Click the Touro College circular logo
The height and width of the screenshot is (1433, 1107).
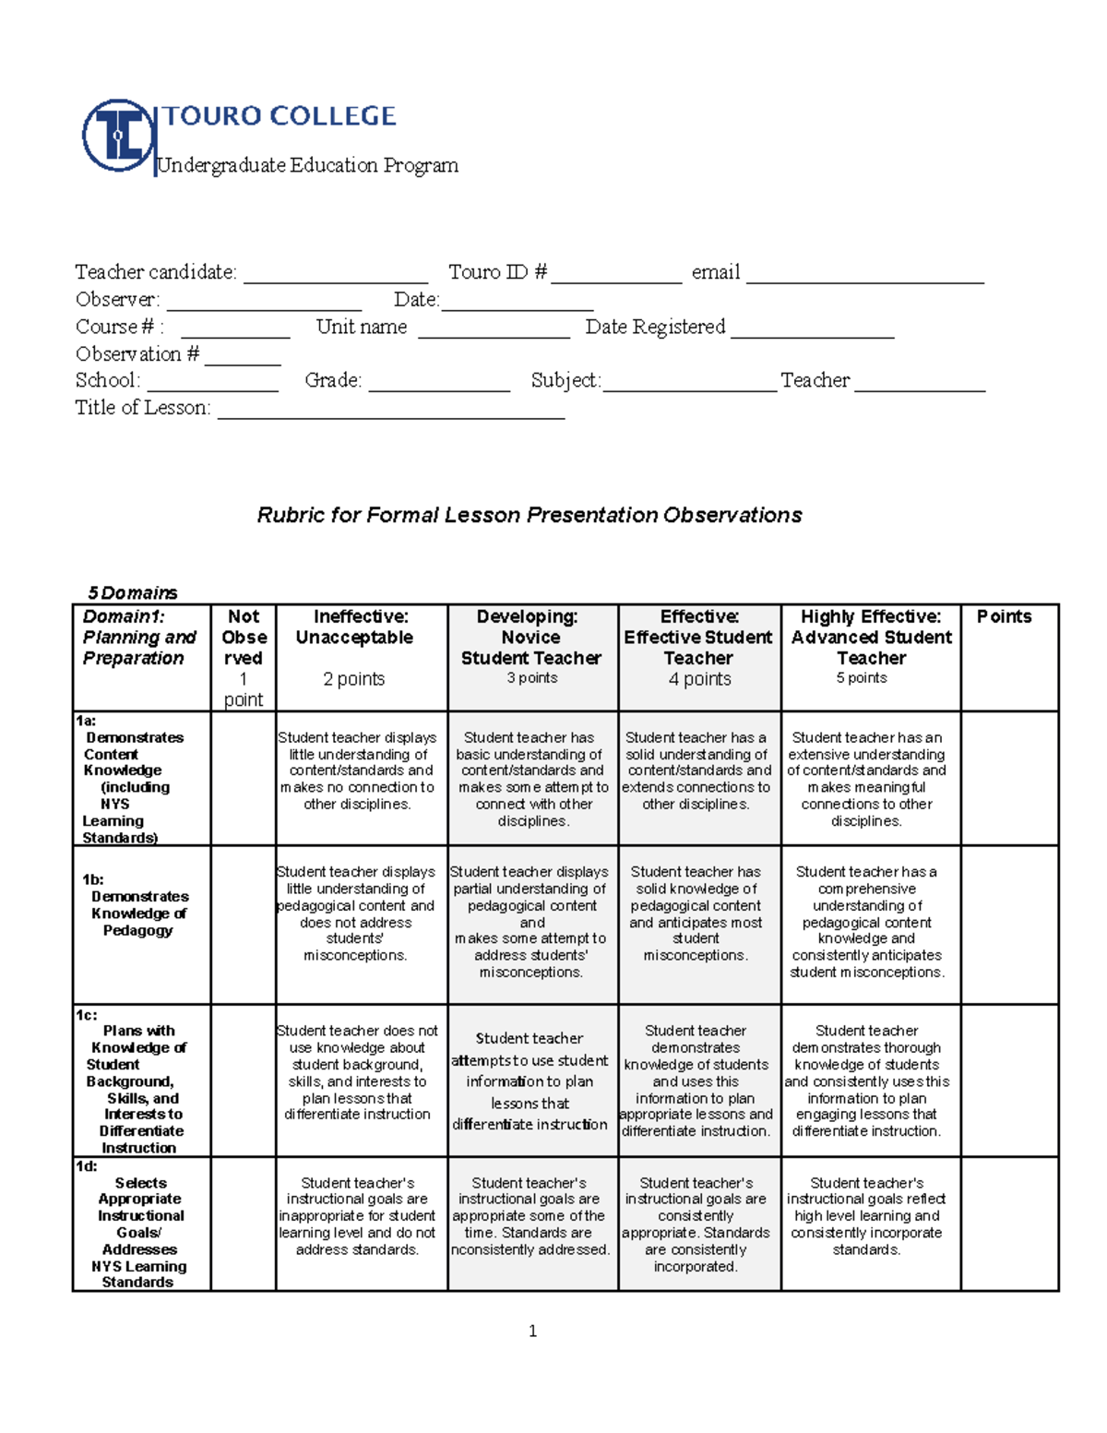(x=117, y=136)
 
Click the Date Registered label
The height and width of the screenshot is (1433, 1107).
(x=655, y=327)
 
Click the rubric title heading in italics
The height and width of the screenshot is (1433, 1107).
(x=529, y=515)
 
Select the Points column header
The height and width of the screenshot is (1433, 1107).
(x=1004, y=616)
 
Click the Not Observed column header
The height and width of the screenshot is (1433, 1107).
(x=244, y=657)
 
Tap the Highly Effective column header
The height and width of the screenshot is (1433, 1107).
(x=871, y=648)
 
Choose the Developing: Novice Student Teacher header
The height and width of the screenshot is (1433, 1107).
(x=531, y=648)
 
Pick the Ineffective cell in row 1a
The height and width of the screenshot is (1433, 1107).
(x=358, y=771)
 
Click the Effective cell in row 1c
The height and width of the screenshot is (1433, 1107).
(x=696, y=1081)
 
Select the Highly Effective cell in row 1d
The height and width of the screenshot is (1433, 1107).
(x=867, y=1216)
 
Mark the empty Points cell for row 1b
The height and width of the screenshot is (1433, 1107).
(x=1009, y=925)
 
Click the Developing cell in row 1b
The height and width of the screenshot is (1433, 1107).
(x=531, y=922)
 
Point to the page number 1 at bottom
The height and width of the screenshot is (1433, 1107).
(x=532, y=1331)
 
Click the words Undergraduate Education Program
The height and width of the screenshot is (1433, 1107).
(x=308, y=165)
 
